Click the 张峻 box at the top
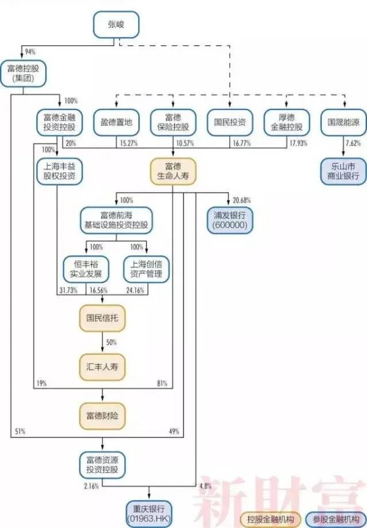[x=116, y=24]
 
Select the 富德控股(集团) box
[x=23, y=73]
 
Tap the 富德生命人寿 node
[x=173, y=171]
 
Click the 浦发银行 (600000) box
[x=230, y=220]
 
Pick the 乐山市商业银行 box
[x=343, y=171]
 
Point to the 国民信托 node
[x=102, y=318]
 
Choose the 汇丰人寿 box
[x=102, y=367]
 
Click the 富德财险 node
[x=102, y=416]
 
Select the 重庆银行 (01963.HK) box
[x=149, y=514]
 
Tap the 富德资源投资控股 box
[x=102, y=465]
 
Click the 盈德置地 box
[x=116, y=123]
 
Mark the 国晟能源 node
[x=343, y=123]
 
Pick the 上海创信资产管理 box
[x=146, y=269]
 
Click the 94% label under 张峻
[x=30, y=52]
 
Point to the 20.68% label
[x=242, y=200]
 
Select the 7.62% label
[x=353, y=143]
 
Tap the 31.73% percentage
[x=69, y=290]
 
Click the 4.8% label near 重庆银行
[x=206, y=486]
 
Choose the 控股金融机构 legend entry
[x=270, y=519]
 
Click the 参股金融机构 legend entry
[x=336, y=519]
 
